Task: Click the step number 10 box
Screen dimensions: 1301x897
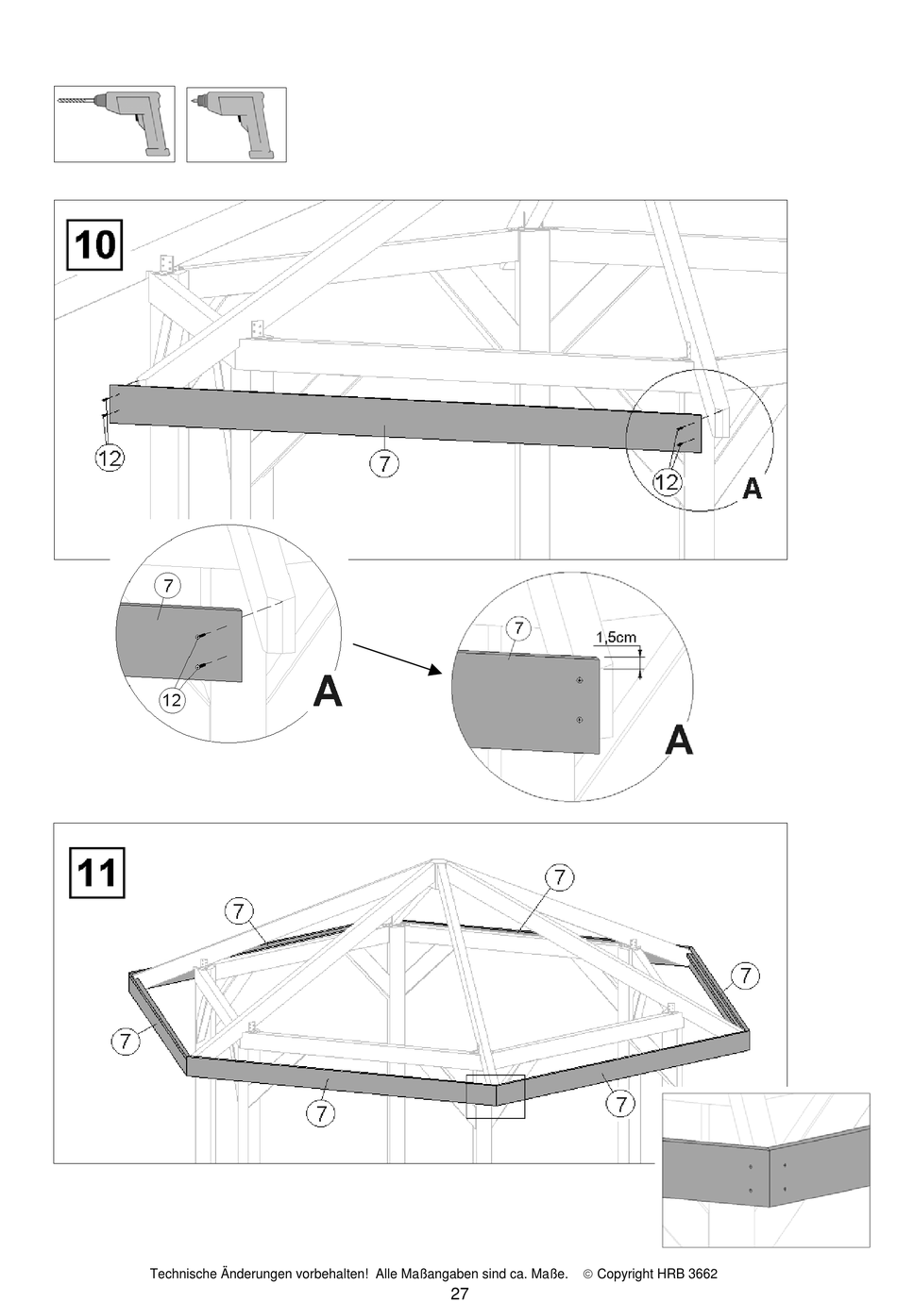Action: [94, 245]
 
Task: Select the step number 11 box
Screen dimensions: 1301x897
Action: [97, 872]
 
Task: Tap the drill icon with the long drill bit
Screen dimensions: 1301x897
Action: [114, 124]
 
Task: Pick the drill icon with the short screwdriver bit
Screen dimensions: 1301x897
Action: [236, 124]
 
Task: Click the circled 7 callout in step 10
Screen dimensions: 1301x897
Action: [384, 463]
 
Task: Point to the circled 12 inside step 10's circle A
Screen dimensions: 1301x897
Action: [667, 482]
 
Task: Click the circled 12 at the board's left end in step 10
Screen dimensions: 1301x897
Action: [110, 459]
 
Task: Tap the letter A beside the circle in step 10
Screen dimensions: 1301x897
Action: [752, 488]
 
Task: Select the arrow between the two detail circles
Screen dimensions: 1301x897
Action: [398, 659]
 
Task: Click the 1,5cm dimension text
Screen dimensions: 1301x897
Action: [616, 638]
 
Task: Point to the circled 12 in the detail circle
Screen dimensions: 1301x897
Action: [171, 700]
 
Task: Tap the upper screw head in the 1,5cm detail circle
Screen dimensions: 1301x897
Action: [579, 680]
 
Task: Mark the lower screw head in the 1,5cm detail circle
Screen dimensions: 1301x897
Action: [579, 720]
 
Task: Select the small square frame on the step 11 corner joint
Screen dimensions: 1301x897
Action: [496, 1096]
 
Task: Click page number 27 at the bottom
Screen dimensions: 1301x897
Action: [459, 1293]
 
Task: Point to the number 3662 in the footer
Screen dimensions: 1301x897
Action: [702, 1274]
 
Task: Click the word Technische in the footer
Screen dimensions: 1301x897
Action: [183, 1274]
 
